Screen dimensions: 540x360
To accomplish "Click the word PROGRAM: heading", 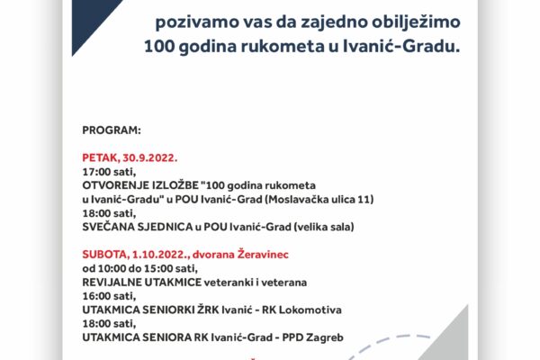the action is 112,130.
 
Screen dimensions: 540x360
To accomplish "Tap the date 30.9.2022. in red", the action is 149,157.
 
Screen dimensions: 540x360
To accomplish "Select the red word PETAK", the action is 101,157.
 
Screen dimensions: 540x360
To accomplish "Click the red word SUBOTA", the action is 105,255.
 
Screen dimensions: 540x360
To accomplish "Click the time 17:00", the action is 97,172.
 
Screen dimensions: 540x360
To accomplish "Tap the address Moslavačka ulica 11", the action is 319,199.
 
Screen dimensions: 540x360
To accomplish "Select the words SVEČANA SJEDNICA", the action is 138,227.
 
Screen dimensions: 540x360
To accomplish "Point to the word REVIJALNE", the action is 112,282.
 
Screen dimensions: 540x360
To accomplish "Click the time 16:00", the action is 97,296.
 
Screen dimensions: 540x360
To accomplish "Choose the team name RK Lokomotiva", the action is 301,310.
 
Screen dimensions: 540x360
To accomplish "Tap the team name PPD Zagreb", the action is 312,337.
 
